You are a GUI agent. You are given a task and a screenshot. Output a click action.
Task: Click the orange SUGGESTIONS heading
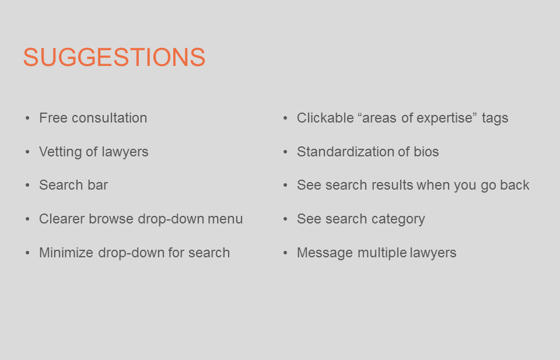coord(114,58)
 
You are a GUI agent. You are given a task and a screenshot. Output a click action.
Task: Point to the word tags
coord(495,118)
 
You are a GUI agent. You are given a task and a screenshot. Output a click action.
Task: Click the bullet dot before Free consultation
coord(27,118)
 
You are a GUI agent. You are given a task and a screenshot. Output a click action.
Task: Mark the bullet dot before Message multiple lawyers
coord(285,253)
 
